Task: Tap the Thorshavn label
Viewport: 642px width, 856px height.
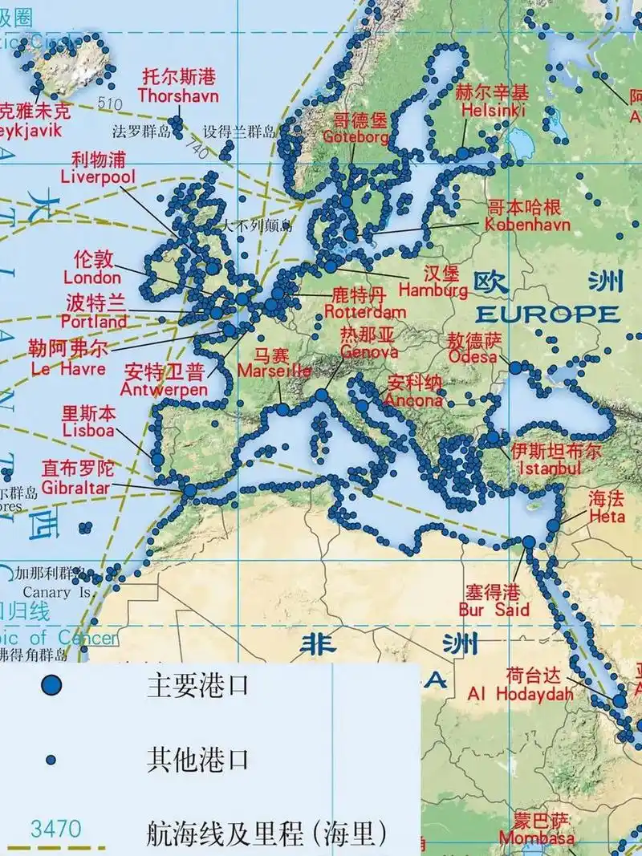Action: point(178,95)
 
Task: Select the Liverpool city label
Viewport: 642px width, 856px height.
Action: point(98,176)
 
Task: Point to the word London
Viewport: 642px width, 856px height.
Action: point(92,278)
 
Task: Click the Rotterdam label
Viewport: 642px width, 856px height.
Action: point(365,311)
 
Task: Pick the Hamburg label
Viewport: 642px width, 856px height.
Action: point(433,290)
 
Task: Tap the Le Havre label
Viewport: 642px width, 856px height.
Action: point(68,369)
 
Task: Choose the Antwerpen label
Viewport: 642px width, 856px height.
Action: point(164,389)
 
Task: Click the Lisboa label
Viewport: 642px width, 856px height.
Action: point(88,430)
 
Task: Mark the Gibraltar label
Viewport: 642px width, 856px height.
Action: point(77,488)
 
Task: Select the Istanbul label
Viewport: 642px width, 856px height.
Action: point(550,468)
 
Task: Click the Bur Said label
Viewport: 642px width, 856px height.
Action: point(494,610)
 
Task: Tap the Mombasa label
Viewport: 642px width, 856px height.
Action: point(536,838)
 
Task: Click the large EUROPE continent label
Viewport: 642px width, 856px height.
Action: point(549,313)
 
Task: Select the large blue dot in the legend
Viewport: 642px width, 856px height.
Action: point(51,684)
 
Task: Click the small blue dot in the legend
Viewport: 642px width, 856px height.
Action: point(51,759)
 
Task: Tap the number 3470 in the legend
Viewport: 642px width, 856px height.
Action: point(55,828)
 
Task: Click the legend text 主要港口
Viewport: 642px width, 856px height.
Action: point(197,685)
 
